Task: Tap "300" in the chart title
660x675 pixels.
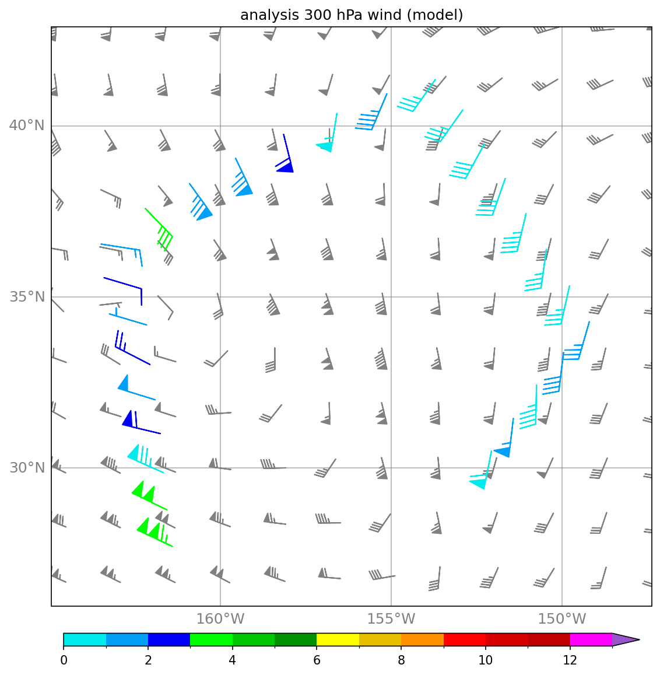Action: coord(318,15)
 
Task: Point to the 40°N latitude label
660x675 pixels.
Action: coord(27,125)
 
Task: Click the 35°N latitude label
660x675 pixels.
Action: coord(27,296)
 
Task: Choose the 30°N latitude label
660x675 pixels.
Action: coord(27,467)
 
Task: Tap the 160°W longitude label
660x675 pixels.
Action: coord(220,619)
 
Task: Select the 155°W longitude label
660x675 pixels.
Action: coord(391,619)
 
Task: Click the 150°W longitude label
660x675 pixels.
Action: coord(562,619)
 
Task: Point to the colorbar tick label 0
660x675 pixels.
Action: coord(64,660)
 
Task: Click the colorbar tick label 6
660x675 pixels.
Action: coord(317,660)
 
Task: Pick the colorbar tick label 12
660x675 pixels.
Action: coord(570,660)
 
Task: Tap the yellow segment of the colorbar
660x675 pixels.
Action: coord(338,639)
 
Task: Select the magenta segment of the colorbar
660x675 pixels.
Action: coord(591,639)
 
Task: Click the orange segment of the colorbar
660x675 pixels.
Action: coord(422,639)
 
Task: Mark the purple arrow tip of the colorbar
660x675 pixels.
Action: coord(640,639)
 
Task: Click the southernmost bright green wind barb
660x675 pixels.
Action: coord(155,533)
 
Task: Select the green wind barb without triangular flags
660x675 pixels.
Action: coord(159,229)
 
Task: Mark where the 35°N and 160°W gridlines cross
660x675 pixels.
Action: coord(220,296)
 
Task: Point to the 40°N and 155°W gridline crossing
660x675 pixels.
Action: coord(391,125)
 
